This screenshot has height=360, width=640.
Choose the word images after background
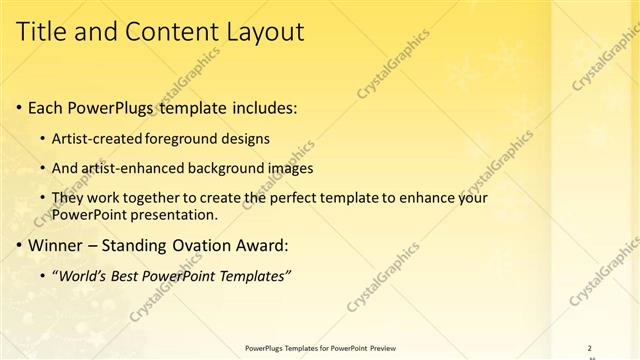tap(291, 168)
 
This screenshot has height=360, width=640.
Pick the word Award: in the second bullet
tap(258, 244)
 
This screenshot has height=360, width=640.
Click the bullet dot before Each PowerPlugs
tap(21, 107)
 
